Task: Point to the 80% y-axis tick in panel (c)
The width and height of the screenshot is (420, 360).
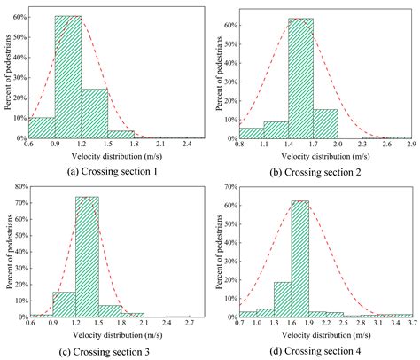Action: [19, 188]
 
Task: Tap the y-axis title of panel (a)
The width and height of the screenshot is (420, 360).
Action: [7, 74]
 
